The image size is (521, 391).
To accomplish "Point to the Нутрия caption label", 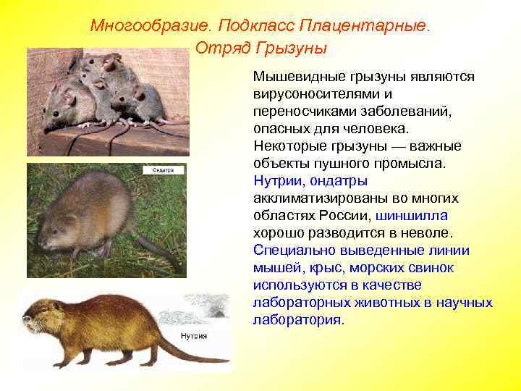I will [x=194, y=336].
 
